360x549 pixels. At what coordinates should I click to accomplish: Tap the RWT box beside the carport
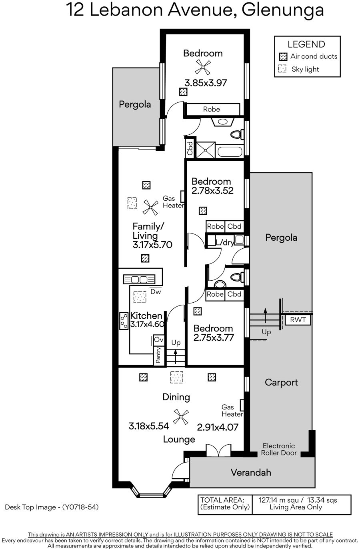pyautogui.click(x=298, y=319)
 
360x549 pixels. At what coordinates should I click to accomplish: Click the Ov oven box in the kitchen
pyautogui.click(x=159, y=340)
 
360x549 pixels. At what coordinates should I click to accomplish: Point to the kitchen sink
pyautogui.click(x=139, y=279)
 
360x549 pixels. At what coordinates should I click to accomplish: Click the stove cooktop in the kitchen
pyautogui.click(x=124, y=321)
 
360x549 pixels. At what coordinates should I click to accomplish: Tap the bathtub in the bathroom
pyautogui.click(x=230, y=152)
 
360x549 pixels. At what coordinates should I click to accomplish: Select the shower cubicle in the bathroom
pyautogui.click(x=206, y=150)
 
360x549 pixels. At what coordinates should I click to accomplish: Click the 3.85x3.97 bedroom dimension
pyautogui.click(x=206, y=83)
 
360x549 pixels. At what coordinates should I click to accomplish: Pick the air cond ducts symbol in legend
pyautogui.click(x=283, y=57)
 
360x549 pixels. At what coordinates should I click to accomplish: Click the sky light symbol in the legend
pyautogui.click(x=282, y=69)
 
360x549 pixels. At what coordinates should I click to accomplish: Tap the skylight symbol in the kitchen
pyautogui.click(x=140, y=297)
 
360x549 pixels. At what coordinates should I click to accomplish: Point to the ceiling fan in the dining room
pyautogui.click(x=181, y=417)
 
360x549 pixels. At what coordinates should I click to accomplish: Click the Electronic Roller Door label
pyautogui.click(x=279, y=449)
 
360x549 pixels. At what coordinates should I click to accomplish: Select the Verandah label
pyautogui.click(x=251, y=472)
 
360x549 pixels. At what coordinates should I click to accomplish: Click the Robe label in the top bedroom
pyautogui.click(x=211, y=109)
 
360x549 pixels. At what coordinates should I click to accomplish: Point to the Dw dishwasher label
pyautogui.click(x=156, y=291)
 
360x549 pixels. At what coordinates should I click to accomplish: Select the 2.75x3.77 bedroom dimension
pyautogui.click(x=214, y=338)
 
